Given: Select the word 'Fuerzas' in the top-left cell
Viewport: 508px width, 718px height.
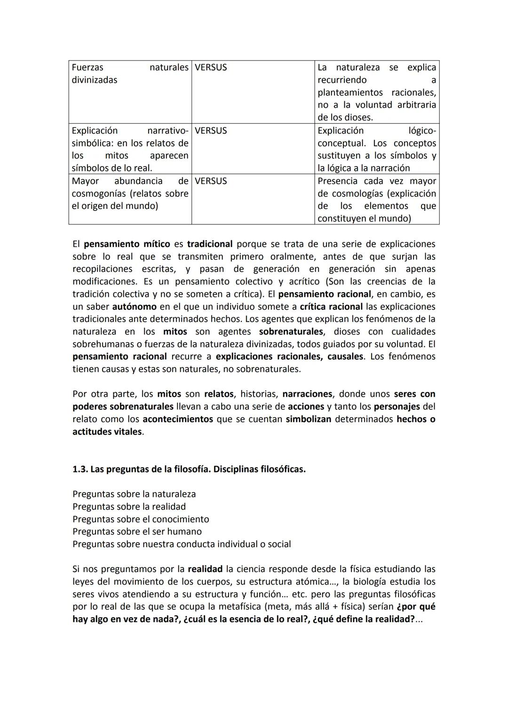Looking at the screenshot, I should [87, 67].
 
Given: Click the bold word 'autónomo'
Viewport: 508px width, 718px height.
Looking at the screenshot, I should [134, 307].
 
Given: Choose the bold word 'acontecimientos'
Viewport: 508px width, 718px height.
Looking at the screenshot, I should [177, 419].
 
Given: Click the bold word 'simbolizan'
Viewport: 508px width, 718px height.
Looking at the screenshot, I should [308, 419].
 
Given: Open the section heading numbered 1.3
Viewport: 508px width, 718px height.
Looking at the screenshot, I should [189, 469].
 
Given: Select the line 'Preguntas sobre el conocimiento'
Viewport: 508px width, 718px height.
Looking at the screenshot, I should [141, 519].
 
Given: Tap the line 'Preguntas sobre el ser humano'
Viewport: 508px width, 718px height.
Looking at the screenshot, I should [137, 531].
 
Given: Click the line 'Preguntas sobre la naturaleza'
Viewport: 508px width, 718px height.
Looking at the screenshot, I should [134, 494].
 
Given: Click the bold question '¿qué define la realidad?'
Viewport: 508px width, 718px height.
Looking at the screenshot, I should [364, 619].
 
